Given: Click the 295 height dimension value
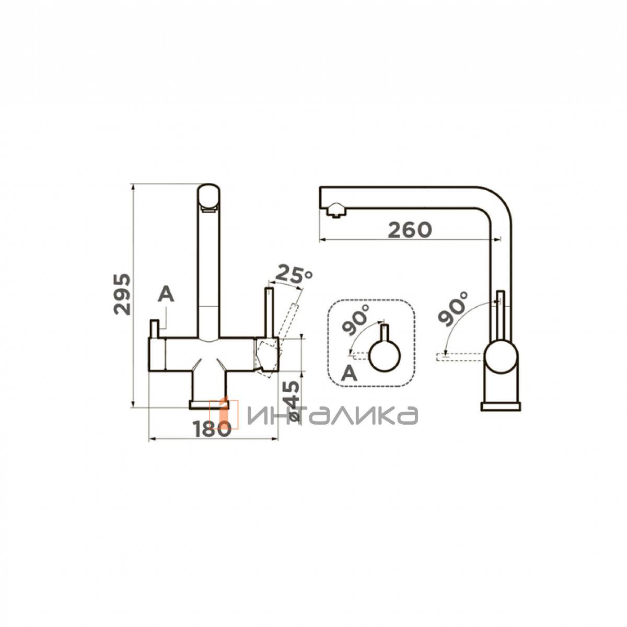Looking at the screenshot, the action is point(122,295).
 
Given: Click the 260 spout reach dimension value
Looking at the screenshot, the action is point(410,230).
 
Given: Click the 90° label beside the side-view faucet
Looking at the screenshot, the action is point(452,308).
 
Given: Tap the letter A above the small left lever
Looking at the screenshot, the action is point(166,295).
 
